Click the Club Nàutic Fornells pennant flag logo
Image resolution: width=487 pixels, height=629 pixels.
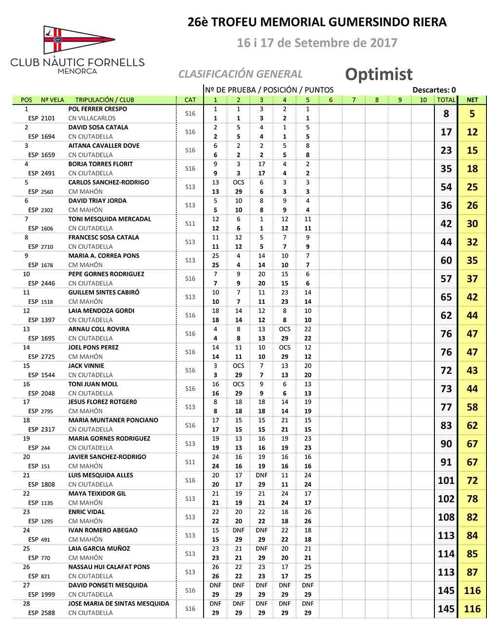tap(78, 40)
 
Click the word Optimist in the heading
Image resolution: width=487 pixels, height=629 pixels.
tap(378, 74)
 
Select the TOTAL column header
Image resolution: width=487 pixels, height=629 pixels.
tap(446, 100)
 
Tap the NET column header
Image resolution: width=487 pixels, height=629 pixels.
tap(472, 100)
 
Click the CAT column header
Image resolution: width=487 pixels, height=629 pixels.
tap(190, 100)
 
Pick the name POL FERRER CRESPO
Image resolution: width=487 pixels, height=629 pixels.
tap(97, 109)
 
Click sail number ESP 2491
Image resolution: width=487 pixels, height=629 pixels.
tap(41, 173)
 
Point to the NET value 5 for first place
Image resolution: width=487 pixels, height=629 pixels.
tap(472, 114)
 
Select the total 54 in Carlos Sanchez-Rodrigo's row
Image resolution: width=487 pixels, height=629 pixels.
tap(446, 187)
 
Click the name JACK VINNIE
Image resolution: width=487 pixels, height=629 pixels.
tap(86, 366)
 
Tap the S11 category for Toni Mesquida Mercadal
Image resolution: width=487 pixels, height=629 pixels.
tap(190, 223)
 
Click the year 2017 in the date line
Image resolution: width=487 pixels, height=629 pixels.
tap(383, 43)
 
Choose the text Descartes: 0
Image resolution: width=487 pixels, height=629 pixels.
tap(434, 90)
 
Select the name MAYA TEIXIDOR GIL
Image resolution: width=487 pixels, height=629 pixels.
tap(97, 494)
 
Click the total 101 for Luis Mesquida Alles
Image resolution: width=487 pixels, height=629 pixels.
tap(446, 481)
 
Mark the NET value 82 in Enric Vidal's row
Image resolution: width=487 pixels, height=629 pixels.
tap(472, 518)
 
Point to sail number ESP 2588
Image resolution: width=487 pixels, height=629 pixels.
tap(41, 613)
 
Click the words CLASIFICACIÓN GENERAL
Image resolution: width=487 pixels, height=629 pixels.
tap(240, 74)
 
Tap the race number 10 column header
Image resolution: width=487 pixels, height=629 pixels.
tap(423, 100)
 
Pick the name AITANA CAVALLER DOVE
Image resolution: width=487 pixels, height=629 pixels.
tap(104, 146)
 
